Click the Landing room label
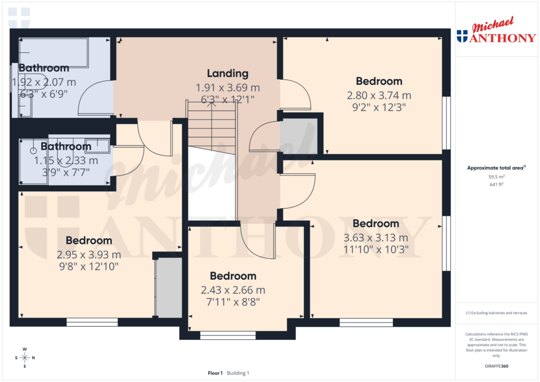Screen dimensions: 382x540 pyautogui.click(x=227, y=74)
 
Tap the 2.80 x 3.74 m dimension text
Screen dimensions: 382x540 pyautogui.click(x=379, y=96)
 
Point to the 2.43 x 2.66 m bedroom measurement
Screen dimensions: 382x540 pyautogui.click(x=233, y=290)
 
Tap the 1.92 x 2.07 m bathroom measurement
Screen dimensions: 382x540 pyautogui.click(x=44, y=82)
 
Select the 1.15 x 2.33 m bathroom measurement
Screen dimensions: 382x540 pyautogui.click(x=66, y=160)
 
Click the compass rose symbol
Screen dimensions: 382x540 pyautogui.click(x=24, y=358)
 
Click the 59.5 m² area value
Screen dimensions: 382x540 pyautogui.click(x=496, y=178)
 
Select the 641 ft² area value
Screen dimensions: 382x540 pyautogui.click(x=496, y=184)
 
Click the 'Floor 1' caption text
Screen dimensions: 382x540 pyautogui.click(x=215, y=373)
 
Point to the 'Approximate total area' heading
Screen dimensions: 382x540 pyautogui.click(x=495, y=168)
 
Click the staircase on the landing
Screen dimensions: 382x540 pyautogui.click(x=211, y=126)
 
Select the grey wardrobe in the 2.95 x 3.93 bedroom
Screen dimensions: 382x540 pyautogui.click(x=169, y=288)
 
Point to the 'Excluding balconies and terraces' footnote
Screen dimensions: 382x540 pyautogui.click(x=496, y=313)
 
